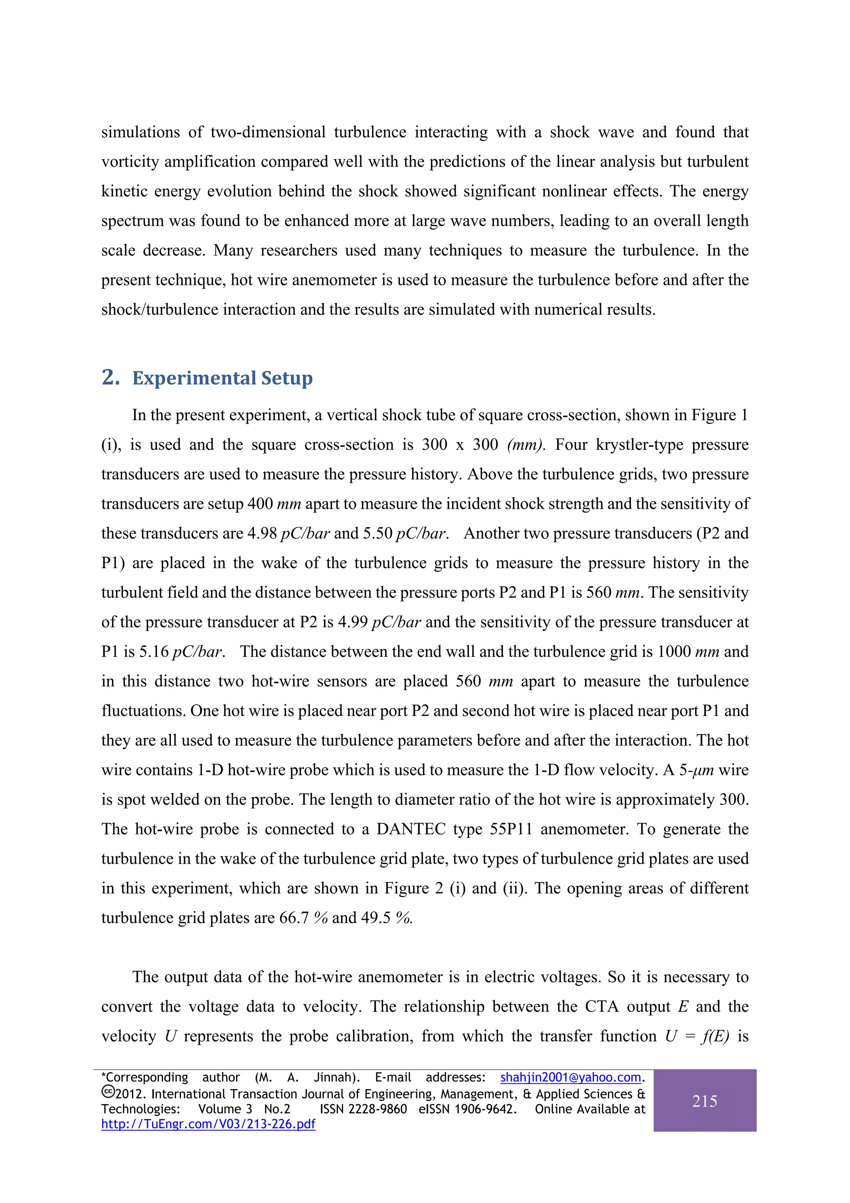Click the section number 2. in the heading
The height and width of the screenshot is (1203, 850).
pos(110,377)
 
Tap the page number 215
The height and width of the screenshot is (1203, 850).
pos(704,1101)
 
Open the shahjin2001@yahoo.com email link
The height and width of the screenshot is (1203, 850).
pos(570,1077)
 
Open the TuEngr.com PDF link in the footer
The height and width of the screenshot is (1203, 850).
pos(208,1124)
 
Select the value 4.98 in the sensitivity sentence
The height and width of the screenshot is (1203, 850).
pos(262,533)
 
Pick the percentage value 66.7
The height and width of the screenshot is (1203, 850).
pos(294,918)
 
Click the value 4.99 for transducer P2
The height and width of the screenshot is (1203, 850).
pos(353,622)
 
